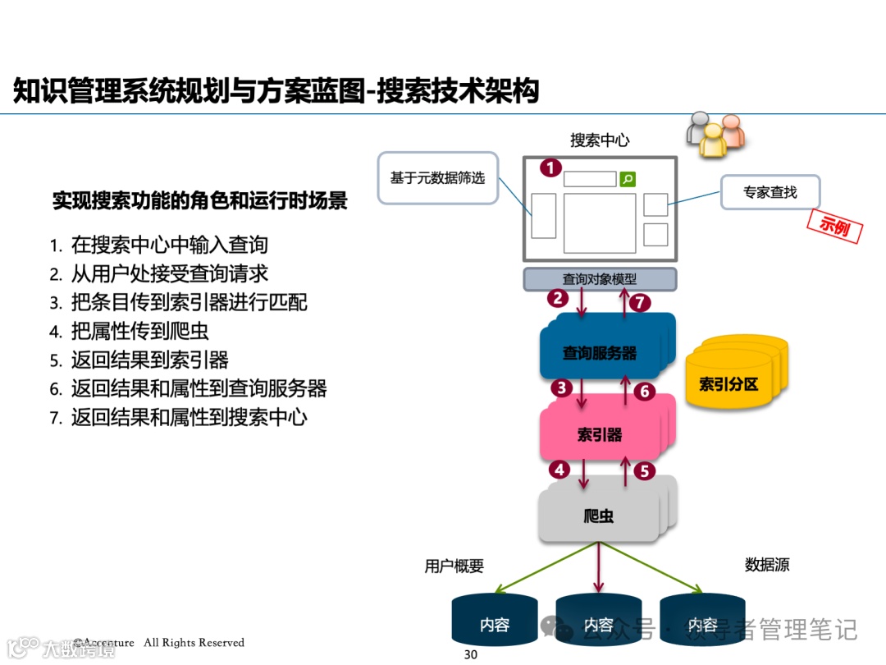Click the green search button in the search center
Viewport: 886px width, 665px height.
(628, 178)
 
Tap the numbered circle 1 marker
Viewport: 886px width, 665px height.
(550, 168)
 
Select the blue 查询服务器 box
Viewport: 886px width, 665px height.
(600, 353)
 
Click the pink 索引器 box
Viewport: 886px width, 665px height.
(600, 434)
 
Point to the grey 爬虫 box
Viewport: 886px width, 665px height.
(599, 516)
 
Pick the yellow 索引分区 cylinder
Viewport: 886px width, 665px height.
(728, 383)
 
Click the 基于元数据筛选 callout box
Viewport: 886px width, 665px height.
(437, 177)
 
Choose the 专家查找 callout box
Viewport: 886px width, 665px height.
(770, 192)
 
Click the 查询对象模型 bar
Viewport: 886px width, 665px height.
(600, 279)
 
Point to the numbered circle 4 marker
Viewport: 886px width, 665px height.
(559, 470)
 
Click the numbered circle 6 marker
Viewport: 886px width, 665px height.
(645, 392)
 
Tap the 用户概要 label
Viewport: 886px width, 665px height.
(454, 566)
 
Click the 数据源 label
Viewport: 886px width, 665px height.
(767, 565)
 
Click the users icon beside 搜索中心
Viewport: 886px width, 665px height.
(715, 133)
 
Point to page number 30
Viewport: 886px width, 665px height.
(471, 654)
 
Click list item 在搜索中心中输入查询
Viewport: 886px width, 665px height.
(169, 245)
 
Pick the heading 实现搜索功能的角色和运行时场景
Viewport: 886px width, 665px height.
(199, 200)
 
